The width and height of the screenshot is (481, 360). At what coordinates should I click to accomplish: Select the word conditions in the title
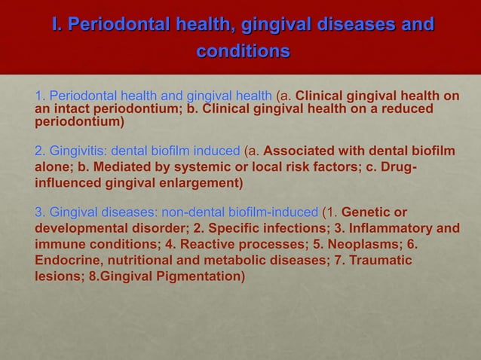[243, 53]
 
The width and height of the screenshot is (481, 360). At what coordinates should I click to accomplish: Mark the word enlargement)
[201, 183]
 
